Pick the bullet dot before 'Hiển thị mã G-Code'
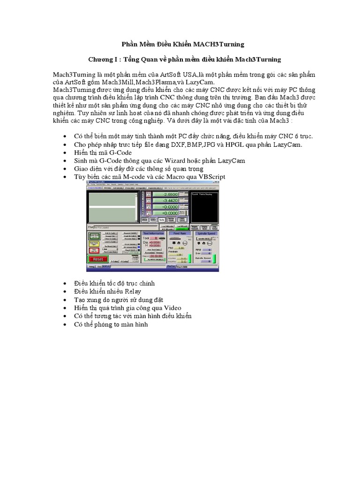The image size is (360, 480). coord(64,153)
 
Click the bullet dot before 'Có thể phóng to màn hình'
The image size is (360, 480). coord(64,324)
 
